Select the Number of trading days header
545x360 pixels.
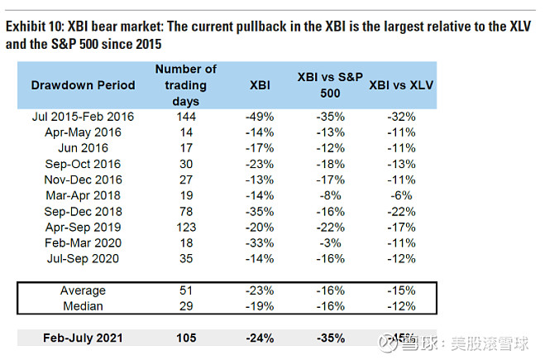185,85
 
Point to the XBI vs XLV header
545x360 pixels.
403,85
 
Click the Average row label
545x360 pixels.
83,290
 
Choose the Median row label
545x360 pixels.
83,306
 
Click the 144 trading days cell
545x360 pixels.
185,117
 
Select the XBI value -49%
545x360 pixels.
260,117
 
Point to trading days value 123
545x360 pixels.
185,227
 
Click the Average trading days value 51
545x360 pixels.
185,290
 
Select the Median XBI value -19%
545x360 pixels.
260,306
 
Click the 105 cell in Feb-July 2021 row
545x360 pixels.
185,338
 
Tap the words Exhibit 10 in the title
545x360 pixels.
31,26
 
